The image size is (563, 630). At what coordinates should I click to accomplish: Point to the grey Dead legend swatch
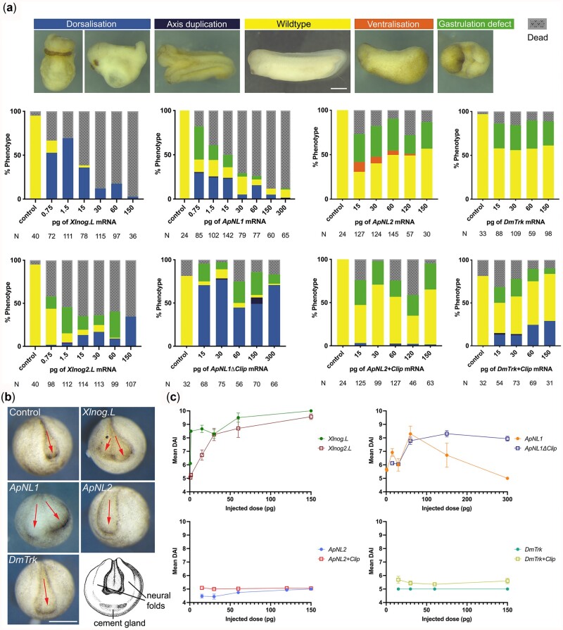(x=538, y=23)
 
